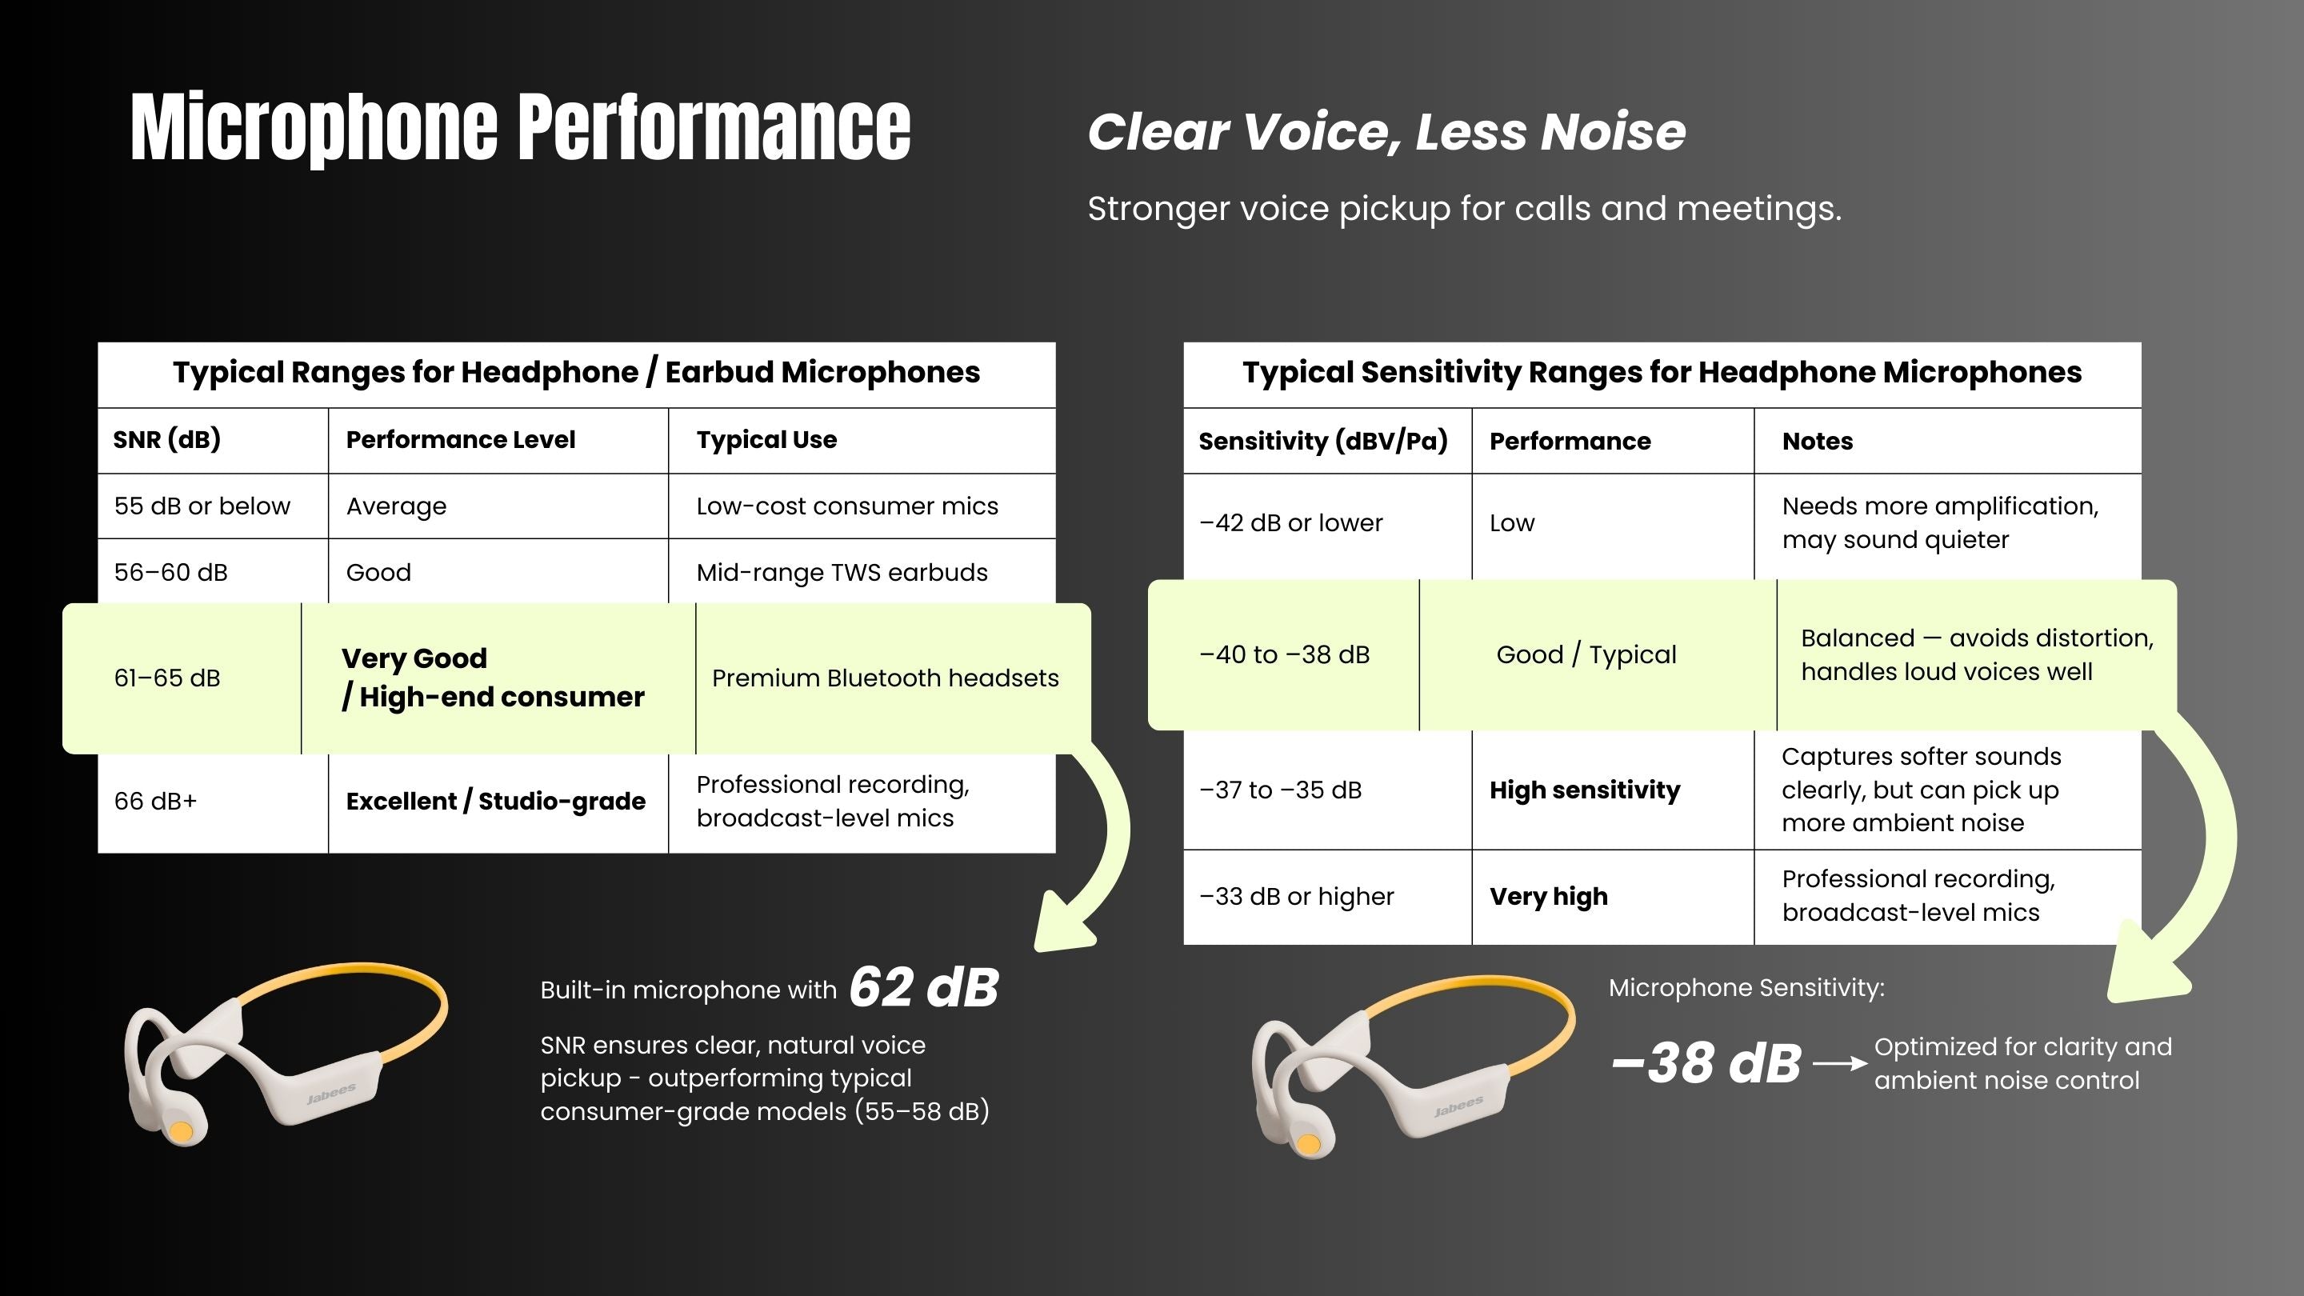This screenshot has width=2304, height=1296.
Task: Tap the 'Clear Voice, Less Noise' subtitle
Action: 1386,132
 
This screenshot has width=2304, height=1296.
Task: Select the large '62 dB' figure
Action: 924,987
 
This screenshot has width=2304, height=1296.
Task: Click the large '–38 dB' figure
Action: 1706,1063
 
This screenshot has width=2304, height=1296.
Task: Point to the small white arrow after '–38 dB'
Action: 1840,1063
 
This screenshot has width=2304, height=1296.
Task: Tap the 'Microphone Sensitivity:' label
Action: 1746,988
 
